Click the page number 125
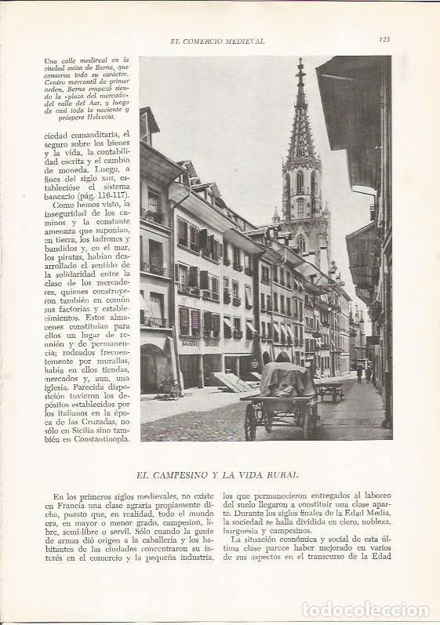pos(384,40)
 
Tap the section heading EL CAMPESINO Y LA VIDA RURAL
pos(220,474)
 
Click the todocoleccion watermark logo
pos(365,609)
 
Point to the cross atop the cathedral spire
pos(300,62)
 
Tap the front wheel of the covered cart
pos(250,422)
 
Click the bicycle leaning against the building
pos(169,388)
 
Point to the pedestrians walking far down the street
pos(363,375)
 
